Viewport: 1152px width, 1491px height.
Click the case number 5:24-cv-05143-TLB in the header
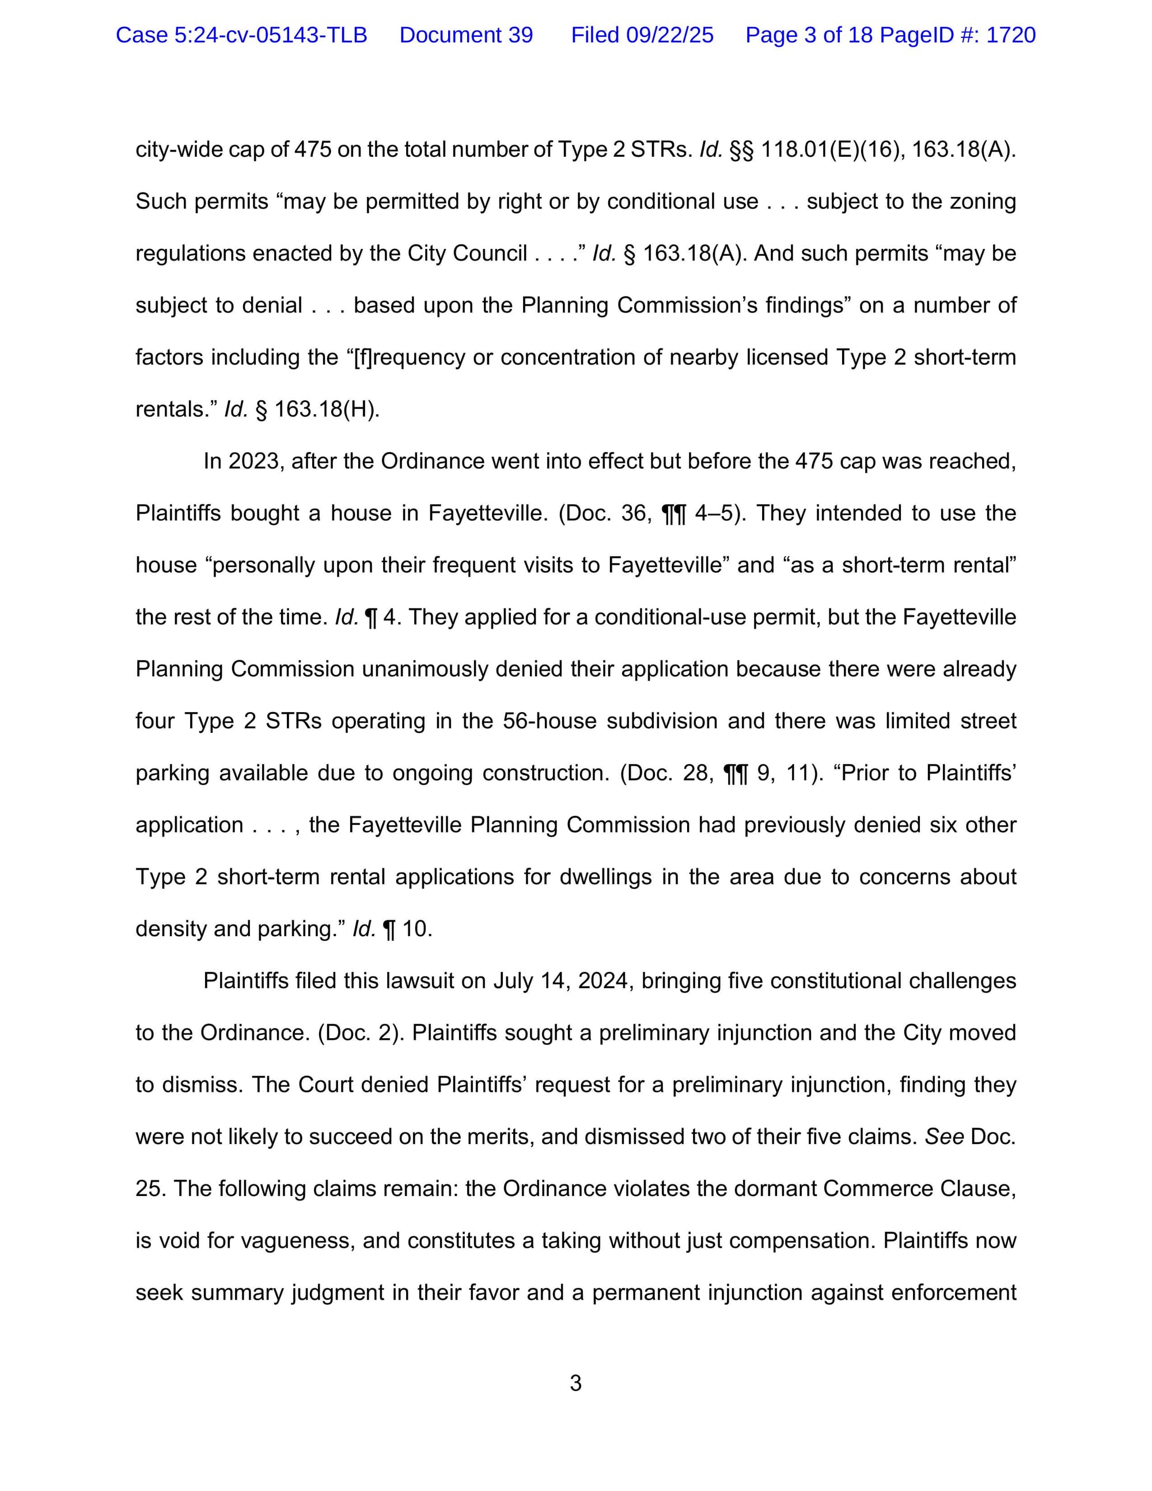[241, 35]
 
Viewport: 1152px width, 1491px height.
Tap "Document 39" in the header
[466, 35]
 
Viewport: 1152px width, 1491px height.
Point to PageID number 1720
[1011, 35]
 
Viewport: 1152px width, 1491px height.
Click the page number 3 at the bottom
[575, 1383]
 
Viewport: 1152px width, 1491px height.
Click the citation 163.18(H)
[326, 410]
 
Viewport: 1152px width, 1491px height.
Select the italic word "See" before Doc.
[944, 1137]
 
